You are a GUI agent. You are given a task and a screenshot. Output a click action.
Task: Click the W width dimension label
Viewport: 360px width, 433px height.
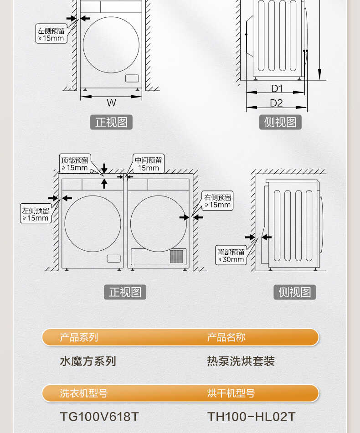(x=111, y=103)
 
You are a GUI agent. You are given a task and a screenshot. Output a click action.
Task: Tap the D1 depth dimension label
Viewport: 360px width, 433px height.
(x=277, y=88)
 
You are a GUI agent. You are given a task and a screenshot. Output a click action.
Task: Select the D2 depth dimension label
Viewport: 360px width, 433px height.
(x=276, y=103)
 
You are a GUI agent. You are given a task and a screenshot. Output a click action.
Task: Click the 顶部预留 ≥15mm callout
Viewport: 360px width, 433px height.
(x=75, y=164)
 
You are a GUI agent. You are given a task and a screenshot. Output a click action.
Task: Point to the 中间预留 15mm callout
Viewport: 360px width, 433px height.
(x=148, y=164)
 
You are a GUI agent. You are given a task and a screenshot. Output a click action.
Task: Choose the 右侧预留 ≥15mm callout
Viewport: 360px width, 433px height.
(x=218, y=201)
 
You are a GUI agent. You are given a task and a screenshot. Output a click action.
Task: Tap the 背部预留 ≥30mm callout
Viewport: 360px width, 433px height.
(x=231, y=256)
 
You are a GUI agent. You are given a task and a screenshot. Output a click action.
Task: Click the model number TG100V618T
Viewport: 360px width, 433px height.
(x=99, y=417)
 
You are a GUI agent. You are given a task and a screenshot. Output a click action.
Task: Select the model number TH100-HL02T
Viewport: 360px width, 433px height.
(x=252, y=417)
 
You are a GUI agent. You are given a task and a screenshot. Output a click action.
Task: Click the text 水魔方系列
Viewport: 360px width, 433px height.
(x=88, y=361)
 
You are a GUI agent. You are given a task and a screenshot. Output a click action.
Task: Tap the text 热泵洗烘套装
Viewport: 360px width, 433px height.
(x=241, y=361)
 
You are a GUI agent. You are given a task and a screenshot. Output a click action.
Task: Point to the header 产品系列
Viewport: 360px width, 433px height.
(x=79, y=337)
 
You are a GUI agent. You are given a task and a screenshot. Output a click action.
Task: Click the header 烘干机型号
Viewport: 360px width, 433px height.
(x=231, y=393)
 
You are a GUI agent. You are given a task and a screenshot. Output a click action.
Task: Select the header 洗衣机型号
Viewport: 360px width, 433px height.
(x=84, y=393)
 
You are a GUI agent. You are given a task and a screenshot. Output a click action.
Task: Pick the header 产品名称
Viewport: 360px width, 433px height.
(x=226, y=337)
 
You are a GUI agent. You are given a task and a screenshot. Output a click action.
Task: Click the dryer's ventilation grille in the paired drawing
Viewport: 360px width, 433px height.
(x=176, y=256)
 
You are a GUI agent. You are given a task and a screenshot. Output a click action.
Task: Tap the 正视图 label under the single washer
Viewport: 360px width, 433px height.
(x=111, y=122)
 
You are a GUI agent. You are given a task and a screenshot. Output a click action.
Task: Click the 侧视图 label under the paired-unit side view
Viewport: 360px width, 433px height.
(x=294, y=292)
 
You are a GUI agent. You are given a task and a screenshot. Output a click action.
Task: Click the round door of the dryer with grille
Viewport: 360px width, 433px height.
(x=158, y=223)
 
